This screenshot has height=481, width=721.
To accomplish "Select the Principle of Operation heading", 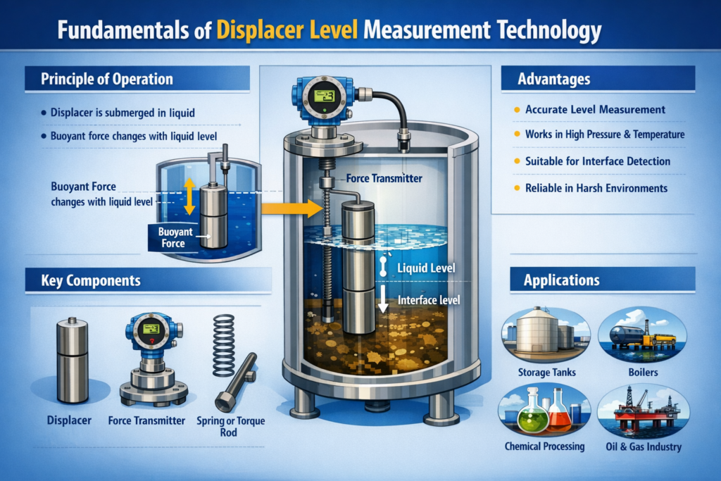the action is (x=107, y=79).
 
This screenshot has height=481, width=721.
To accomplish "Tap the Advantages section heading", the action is (x=553, y=79).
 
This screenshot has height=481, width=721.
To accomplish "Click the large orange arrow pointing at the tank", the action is (x=292, y=208).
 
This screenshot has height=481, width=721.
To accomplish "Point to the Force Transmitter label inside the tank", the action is (x=384, y=178).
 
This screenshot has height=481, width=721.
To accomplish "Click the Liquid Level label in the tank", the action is (x=426, y=268).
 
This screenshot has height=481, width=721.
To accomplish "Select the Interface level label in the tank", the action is (x=429, y=300).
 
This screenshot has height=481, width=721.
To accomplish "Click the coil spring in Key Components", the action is (x=224, y=345).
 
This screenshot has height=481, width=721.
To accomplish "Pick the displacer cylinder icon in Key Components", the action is (x=73, y=360).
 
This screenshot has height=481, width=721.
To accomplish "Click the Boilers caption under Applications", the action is (x=643, y=373).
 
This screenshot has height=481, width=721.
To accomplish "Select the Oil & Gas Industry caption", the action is (x=644, y=446).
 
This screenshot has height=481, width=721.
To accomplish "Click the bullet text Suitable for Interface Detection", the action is (x=598, y=161).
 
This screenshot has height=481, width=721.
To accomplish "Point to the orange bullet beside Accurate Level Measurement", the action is (x=517, y=109).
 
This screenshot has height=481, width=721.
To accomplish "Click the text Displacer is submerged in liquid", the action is (x=123, y=113).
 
